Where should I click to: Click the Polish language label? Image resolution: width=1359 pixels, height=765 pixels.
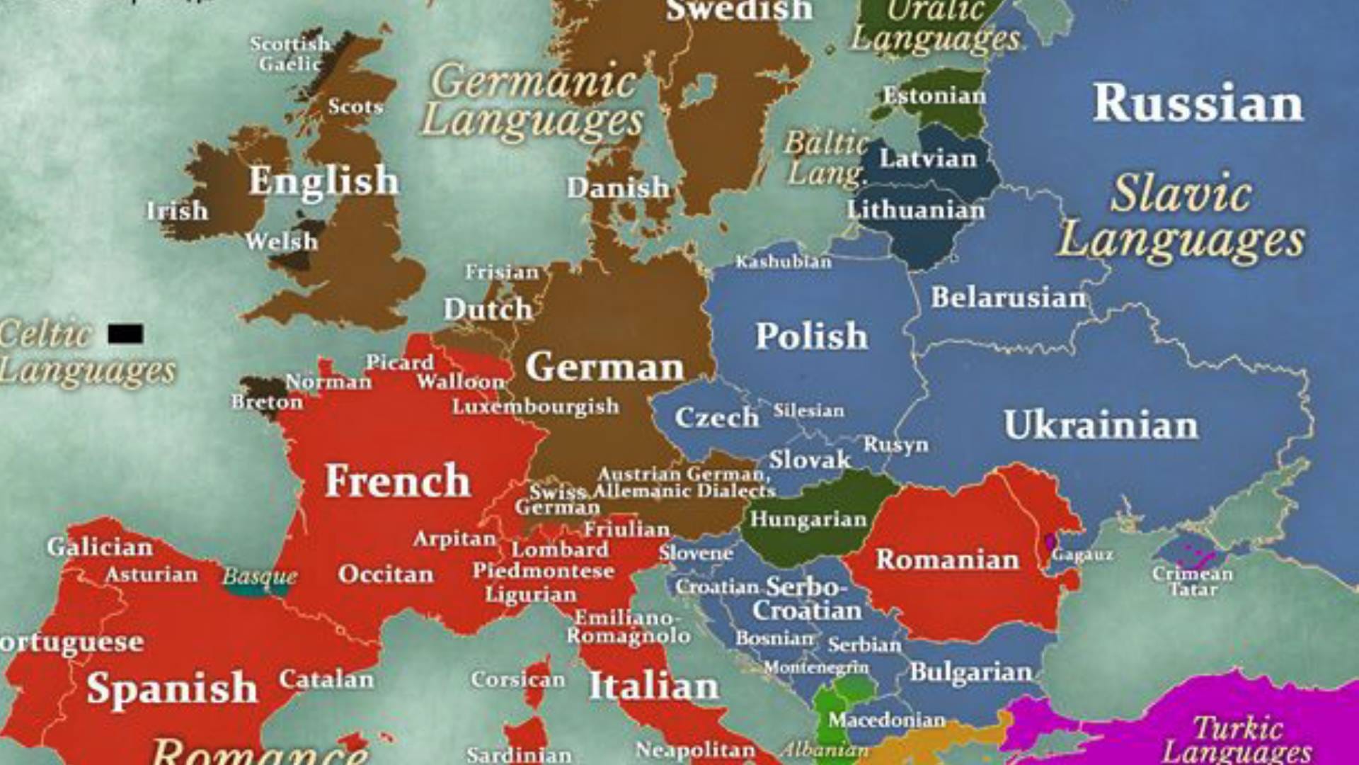[811, 336]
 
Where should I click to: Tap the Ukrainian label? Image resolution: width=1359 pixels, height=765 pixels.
[1101, 425]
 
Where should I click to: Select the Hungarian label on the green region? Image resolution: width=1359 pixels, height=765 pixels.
[808, 519]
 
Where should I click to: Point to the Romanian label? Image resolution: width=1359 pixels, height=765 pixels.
[948, 560]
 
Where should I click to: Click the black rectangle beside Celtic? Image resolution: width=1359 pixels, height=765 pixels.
[126, 334]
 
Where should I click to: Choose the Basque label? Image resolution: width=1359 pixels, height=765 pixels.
[260, 576]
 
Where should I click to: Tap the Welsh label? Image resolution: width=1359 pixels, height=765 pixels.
[282, 242]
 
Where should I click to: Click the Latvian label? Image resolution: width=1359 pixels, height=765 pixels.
[928, 159]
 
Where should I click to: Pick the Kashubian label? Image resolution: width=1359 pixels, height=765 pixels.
[784, 262]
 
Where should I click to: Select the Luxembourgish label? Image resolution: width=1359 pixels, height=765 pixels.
[536, 407]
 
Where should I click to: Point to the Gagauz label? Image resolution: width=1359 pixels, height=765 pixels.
[1082, 555]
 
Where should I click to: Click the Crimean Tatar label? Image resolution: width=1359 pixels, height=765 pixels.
[1193, 581]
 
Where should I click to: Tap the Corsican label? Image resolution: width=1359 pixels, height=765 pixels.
[518, 680]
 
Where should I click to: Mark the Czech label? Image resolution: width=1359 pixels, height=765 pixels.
[716, 417]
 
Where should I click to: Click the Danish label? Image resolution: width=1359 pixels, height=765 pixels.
[618, 188]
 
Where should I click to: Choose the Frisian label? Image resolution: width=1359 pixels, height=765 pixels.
[502, 272]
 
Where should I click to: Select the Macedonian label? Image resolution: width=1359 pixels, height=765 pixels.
[887, 720]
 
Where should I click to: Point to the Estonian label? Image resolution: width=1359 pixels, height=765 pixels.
[934, 96]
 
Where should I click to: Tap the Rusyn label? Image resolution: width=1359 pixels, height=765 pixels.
[895, 445]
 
